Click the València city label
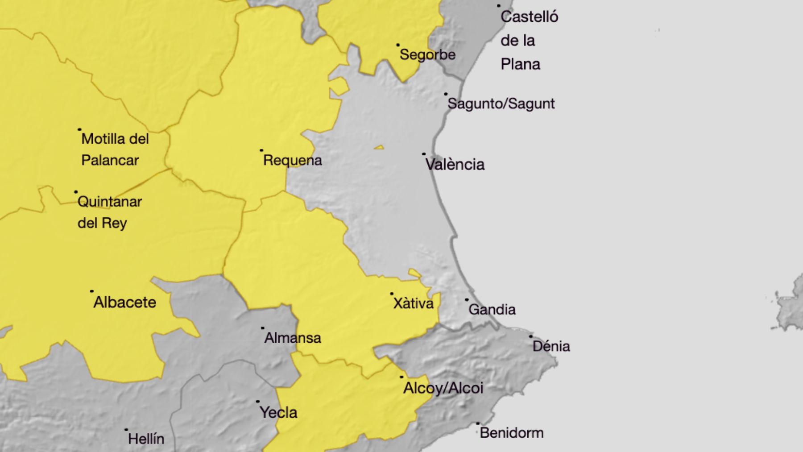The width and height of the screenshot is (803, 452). pyautogui.click(x=455, y=165)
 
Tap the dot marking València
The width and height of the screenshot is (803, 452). pyautogui.click(x=424, y=154)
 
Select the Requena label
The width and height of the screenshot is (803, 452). pyautogui.click(x=293, y=160)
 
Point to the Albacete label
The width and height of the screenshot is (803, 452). pyautogui.click(x=125, y=303)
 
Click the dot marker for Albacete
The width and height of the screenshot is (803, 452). pyautogui.click(x=92, y=291)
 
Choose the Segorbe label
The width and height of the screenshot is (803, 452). pyautogui.click(x=427, y=55)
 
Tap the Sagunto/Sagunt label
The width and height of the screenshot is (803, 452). pyautogui.click(x=501, y=104)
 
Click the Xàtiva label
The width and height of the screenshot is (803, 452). pyautogui.click(x=413, y=303)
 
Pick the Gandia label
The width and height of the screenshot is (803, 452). pyautogui.click(x=492, y=310)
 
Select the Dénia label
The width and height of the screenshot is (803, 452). pyautogui.click(x=551, y=346)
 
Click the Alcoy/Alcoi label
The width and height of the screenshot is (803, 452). pyautogui.click(x=443, y=388)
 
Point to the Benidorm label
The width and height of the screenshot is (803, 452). pyautogui.click(x=511, y=433)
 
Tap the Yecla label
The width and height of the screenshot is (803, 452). pyautogui.click(x=278, y=413)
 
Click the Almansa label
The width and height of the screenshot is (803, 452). pyautogui.click(x=293, y=338)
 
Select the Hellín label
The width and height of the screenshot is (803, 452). pyautogui.click(x=146, y=439)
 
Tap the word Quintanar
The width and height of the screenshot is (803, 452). pyautogui.click(x=110, y=202)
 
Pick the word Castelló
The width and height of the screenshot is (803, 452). pyautogui.click(x=529, y=17)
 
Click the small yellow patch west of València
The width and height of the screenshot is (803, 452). pyautogui.click(x=379, y=147)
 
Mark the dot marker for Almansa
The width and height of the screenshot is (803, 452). pyautogui.click(x=263, y=328)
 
